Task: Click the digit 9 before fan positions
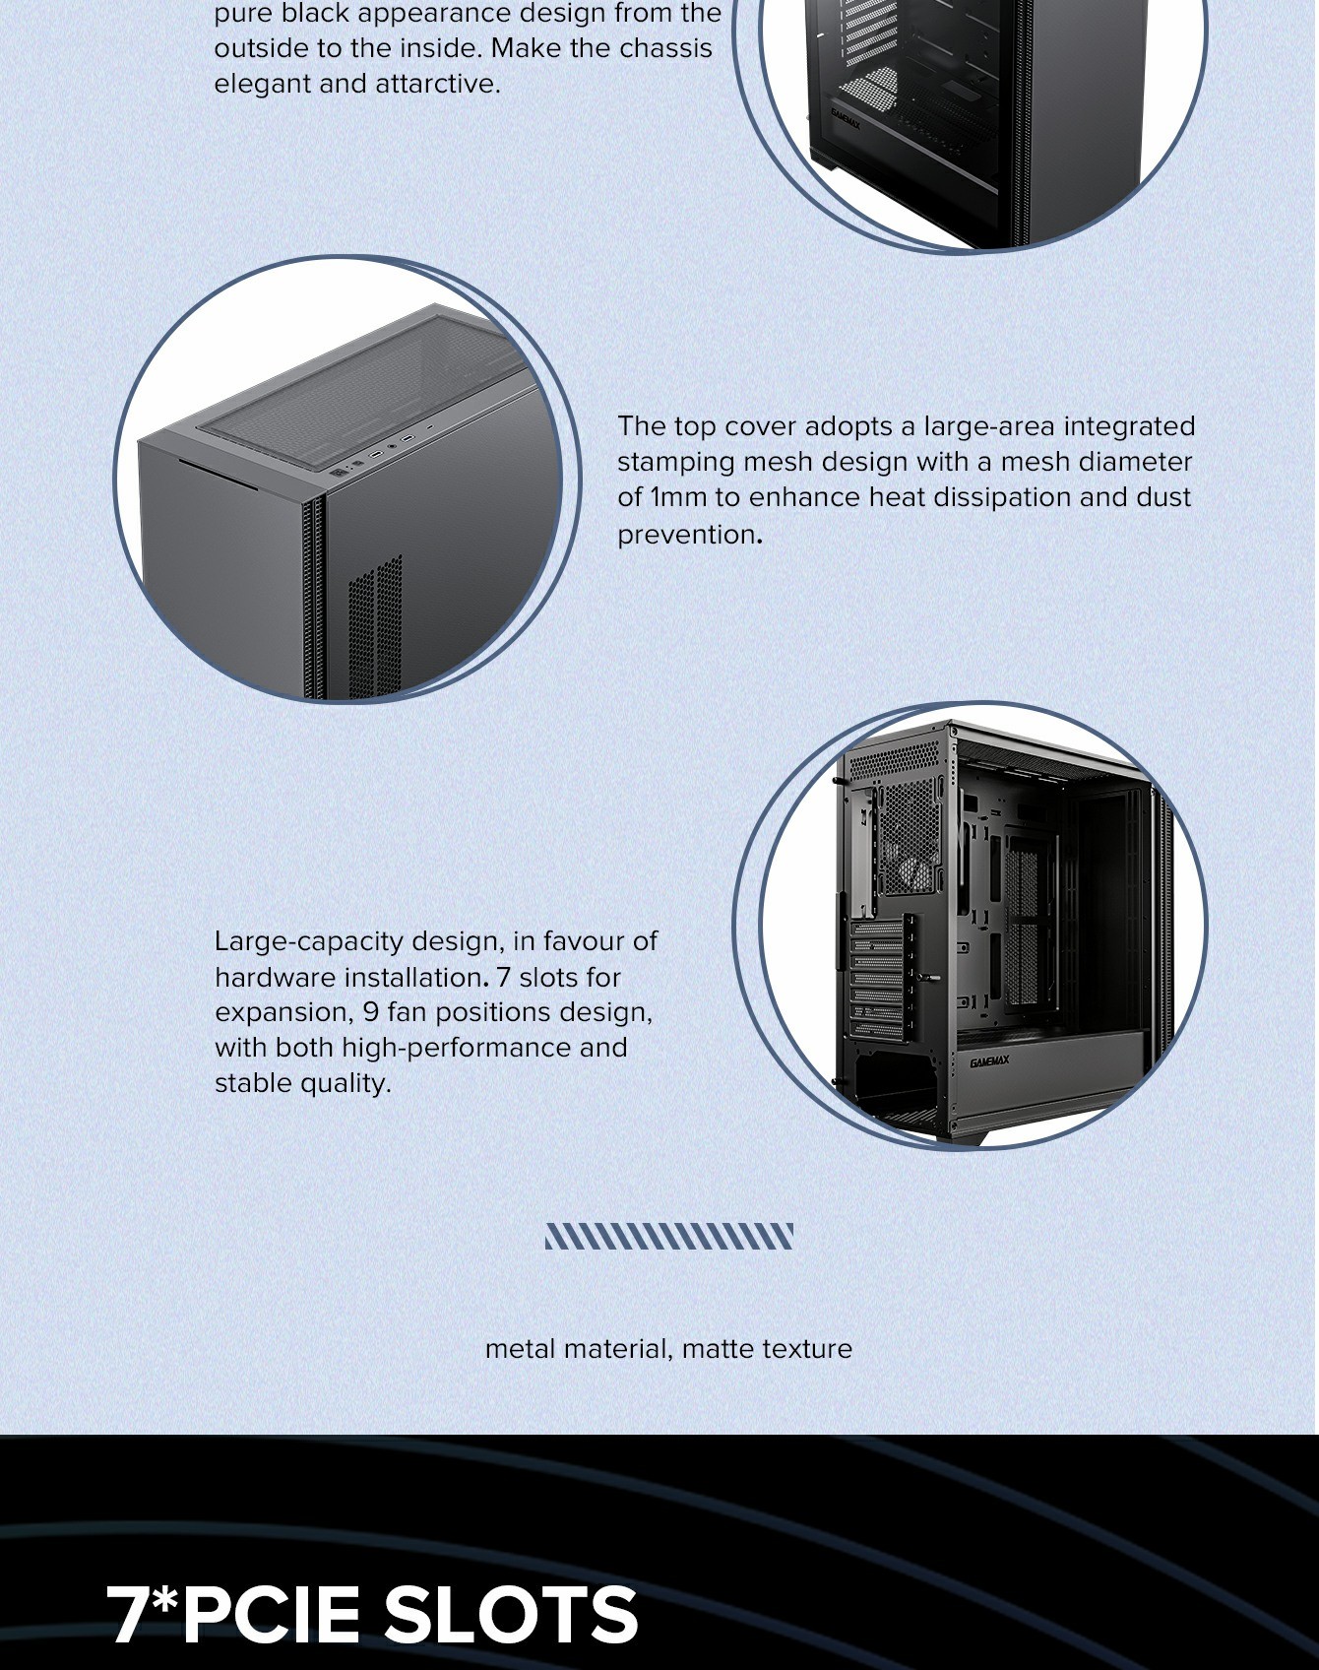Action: click(x=370, y=1012)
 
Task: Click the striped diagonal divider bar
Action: click(x=669, y=1236)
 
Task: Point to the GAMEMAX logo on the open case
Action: click(x=989, y=1061)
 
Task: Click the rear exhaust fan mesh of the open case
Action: click(x=909, y=837)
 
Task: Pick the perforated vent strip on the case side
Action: click(x=375, y=625)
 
